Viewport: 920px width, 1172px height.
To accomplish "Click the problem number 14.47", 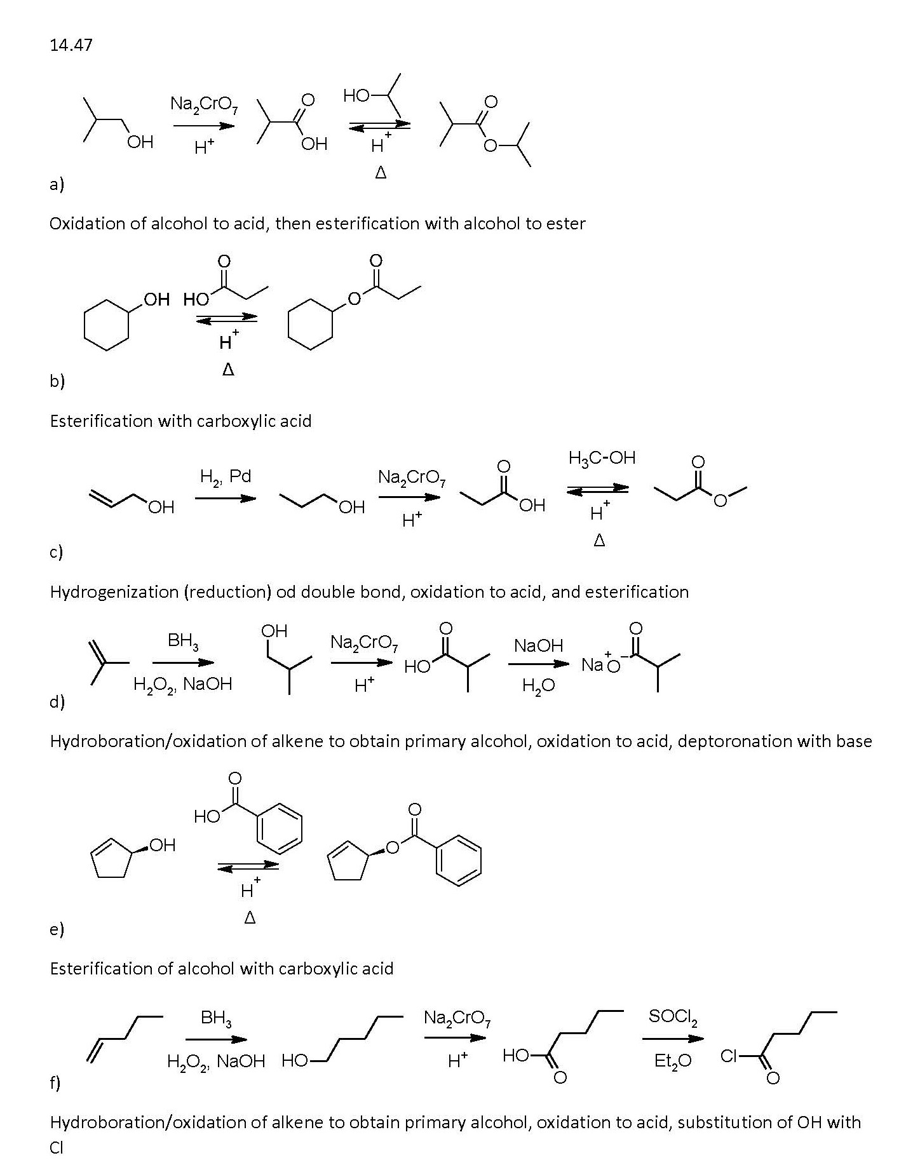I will pyautogui.click(x=71, y=45).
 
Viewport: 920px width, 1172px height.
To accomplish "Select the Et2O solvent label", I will pyautogui.click(x=673, y=1060).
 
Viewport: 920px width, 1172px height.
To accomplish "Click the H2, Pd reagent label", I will pyautogui.click(x=226, y=476).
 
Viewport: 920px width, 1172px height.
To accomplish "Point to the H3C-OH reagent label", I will pyautogui.click(x=601, y=458).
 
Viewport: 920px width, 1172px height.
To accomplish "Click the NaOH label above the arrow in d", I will pyautogui.click(x=538, y=646).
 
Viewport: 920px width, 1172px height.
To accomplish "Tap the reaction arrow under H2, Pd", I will pyautogui.click(x=226, y=498).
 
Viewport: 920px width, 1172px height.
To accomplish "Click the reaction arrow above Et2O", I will pyautogui.click(x=673, y=1039).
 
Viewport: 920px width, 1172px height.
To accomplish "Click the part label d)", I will pyautogui.click(x=57, y=702).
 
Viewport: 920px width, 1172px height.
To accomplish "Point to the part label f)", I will pyautogui.click(x=55, y=1082).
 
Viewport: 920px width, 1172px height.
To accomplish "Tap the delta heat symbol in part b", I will pyautogui.click(x=228, y=370).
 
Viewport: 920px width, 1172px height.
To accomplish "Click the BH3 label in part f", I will pyautogui.click(x=216, y=1018).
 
